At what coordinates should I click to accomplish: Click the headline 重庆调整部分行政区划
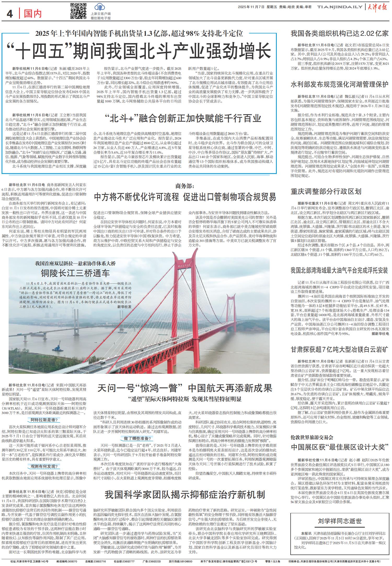pyautogui.click(x=326, y=191)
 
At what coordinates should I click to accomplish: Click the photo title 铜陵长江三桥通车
pyautogui.click(x=75, y=273)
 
